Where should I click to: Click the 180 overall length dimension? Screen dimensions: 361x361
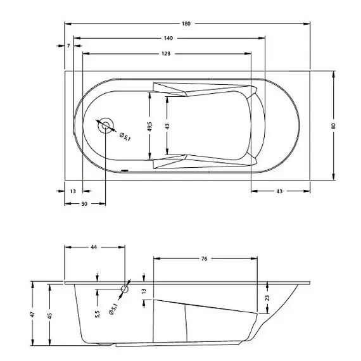coord(186,23)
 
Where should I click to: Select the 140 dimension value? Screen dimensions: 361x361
coord(168,39)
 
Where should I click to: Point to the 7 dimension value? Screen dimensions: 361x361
coord(68,46)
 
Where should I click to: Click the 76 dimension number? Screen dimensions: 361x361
coord(205,258)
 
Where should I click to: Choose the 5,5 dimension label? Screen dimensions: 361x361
coord(97,315)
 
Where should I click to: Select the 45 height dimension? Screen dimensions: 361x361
coord(49,315)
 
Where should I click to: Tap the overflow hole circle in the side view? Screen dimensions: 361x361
coord(124,289)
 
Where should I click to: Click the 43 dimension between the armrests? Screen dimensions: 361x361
coord(167,127)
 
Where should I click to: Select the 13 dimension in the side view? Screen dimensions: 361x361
coord(144,292)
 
